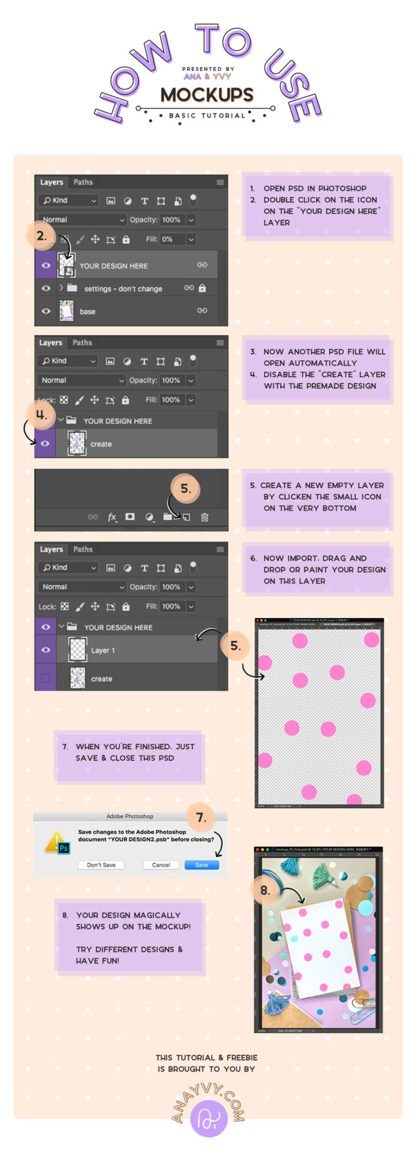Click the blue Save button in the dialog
(x=201, y=864)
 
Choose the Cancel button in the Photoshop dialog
(x=161, y=864)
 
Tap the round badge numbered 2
(x=41, y=236)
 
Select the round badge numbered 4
(x=41, y=415)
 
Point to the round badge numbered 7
(x=201, y=817)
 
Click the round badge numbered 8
(x=265, y=890)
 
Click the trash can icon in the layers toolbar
(x=205, y=517)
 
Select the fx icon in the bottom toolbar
(x=112, y=517)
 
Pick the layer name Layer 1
(x=103, y=650)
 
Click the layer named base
(x=88, y=311)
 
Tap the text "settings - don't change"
(x=123, y=288)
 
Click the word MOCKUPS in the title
(x=207, y=95)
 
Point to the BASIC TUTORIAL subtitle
(x=207, y=115)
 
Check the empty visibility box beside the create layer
(x=46, y=678)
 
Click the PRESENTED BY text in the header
(x=208, y=69)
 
